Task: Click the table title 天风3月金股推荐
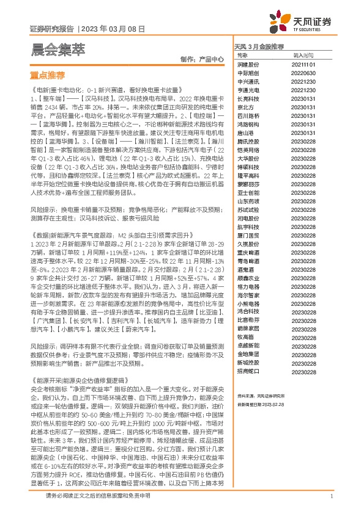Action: (x=259, y=46)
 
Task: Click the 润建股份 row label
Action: (x=248, y=63)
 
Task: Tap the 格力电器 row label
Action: (x=248, y=286)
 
